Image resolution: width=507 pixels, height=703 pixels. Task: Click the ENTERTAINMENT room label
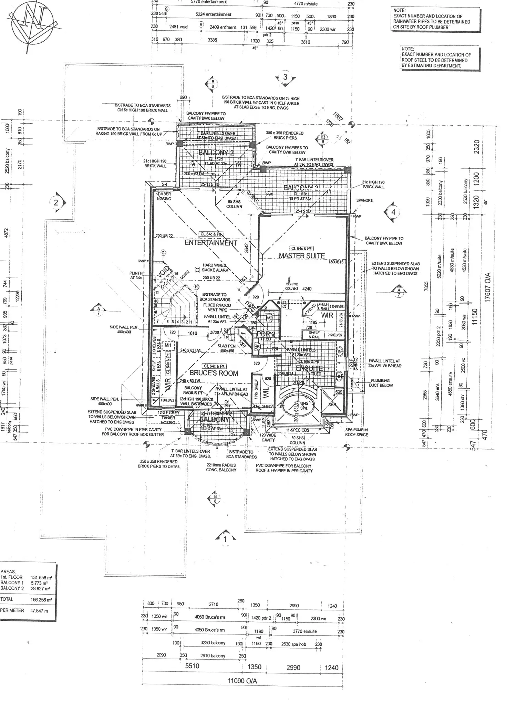click(211, 243)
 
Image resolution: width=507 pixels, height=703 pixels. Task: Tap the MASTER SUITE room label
click(302, 256)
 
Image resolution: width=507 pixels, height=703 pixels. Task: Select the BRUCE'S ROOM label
click(214, 373)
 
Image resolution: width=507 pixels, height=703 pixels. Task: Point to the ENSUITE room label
click(309, 369)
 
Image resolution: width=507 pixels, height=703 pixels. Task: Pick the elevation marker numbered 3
click(285, 77)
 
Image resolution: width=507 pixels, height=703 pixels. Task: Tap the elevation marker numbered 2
click(56, 202)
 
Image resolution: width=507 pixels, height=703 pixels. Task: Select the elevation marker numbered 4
click(393, 212)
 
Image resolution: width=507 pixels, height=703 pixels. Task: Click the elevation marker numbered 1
click(225, 539)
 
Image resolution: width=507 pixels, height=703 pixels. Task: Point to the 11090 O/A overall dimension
click(242, 681)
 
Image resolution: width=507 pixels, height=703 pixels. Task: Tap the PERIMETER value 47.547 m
click(39, 610)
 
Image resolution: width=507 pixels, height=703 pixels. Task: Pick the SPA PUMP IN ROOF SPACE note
click(356, 432)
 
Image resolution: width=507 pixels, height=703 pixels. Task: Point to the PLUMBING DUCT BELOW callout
click(380, 383)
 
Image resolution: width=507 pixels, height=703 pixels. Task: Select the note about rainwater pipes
click(432, 19)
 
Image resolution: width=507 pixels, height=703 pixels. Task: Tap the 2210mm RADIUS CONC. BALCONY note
click(221, 467)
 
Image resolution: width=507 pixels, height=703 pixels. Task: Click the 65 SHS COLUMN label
click(234, 204)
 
